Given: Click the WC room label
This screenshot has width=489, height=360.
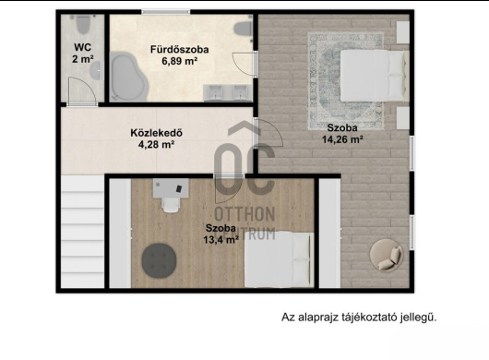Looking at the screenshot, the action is pyautogui.click(x=83, y=47).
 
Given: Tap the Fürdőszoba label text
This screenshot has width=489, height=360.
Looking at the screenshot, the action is pyautogui.click(x=180, y=49).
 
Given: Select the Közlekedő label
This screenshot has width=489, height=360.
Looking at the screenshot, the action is pyautogui.click(x=156, y=133).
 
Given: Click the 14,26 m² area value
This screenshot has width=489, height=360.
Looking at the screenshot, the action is pyautogui.click(x=342, y=139).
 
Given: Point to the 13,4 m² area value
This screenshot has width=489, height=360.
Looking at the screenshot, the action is pyautogui.click(x=221, y=240).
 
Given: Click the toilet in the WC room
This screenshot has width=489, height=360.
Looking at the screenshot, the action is pyautogui.click(x=83, y=24).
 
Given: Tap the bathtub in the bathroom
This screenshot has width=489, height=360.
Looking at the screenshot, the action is pyautogui.click(x=128, y=77).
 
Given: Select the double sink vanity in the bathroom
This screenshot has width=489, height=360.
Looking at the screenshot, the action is pyautogui.click(x=228, y=92).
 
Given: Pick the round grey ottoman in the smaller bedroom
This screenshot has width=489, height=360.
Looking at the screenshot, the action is pyautogui.click(x=159, y=260).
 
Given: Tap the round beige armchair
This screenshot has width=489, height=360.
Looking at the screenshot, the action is pyautogui.click(x=387, y=255).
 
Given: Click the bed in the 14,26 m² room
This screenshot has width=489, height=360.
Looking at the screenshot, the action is pyautogui.click(x=375, y=75).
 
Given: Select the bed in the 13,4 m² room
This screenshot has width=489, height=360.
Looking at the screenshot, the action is pyautogui.click(x=279, y=259).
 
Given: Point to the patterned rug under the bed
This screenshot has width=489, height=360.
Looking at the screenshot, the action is pyautogui.click(x=346, y=81).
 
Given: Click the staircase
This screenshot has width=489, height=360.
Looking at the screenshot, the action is pyautogui.click(x=83, y=231).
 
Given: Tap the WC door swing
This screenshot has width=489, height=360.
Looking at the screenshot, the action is pyautogui.click(x=82, y=90).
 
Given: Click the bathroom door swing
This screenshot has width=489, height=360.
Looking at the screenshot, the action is pyautogui.click(x=244, y=64).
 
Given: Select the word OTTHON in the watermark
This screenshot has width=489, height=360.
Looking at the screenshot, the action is pyautogui.click(x=244, y=214).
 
